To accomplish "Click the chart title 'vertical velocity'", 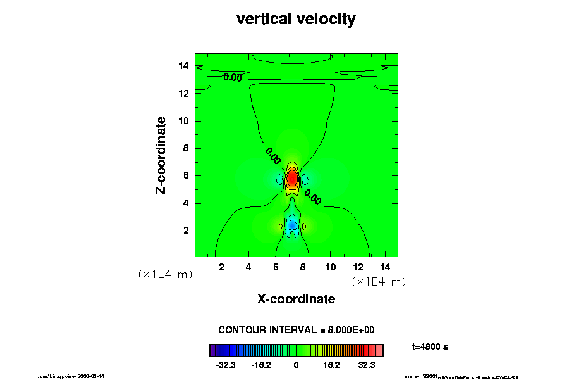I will click(x=296, y=19).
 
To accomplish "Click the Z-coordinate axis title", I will click(x=161, y=155).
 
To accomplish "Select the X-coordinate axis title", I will click(x=296, y=298).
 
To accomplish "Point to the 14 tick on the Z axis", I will click(x=183, y=66).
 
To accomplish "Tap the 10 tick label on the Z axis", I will click(x=183, y=121).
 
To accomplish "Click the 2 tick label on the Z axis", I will click(x=186, y=231).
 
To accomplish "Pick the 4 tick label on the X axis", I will click(x=248, y=267).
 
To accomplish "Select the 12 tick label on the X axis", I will click(x=357, y=267).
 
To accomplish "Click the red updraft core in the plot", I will click(x=292, y=178).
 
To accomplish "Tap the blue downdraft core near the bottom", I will click(x=292, y=225).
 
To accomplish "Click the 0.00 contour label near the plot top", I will click(x=233, y=78).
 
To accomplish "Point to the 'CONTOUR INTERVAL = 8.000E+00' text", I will click(x=297, y=330).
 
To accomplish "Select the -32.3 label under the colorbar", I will click(x=226, y=365).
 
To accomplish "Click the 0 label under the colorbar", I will click(x=296, y=365).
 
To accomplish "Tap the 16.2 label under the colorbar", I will click(x=331, y=365).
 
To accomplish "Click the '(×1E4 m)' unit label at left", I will click(x=165, y=274).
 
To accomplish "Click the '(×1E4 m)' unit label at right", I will click(x=378, y=282).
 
